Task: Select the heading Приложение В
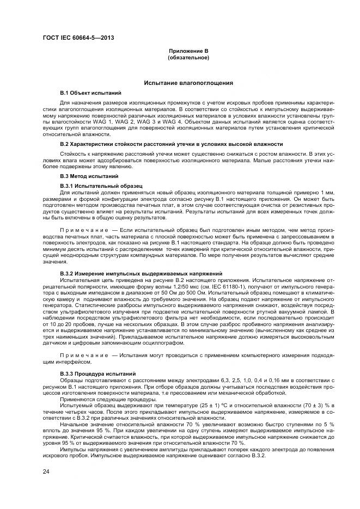[188, 51]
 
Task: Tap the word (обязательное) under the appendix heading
[188, 57]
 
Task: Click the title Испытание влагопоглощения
[188, 83]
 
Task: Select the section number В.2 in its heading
[64, 144]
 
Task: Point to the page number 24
[46, 471]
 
